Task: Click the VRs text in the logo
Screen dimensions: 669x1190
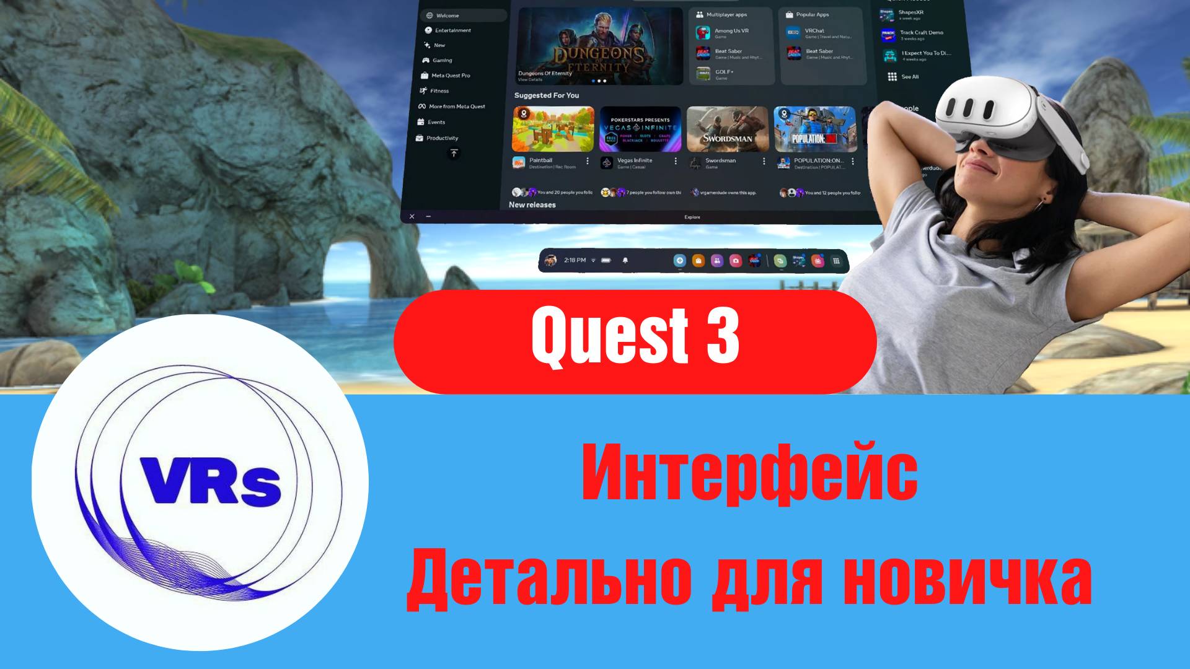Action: click(x=211, y=481)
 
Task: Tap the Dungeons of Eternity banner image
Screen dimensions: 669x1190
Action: click(x=599, y=46)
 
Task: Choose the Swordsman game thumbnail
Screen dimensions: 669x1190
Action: click(x=728, y=129)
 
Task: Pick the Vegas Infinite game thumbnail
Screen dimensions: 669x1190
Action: click(x=640, y=129)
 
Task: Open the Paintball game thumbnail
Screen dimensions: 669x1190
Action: click(x=553, y=129)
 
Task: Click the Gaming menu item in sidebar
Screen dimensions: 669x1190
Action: click(x=442, y=60)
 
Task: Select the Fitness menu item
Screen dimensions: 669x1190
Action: click(x=439, y=91)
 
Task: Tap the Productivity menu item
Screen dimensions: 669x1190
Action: click(x=441, y=138)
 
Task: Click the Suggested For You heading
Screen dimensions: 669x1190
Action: click(x=546, y=95)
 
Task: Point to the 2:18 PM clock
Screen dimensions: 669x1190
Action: click(x=575, y=260)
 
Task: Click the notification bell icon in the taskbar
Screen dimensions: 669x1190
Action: click(x=625, y=261)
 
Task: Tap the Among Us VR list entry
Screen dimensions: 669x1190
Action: click(x=731, y=32)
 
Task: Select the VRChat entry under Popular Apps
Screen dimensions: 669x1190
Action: click(x=814, y=32)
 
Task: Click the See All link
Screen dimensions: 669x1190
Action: click(x=909, y=77)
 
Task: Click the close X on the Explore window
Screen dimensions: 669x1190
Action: click(x=412, y=217)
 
